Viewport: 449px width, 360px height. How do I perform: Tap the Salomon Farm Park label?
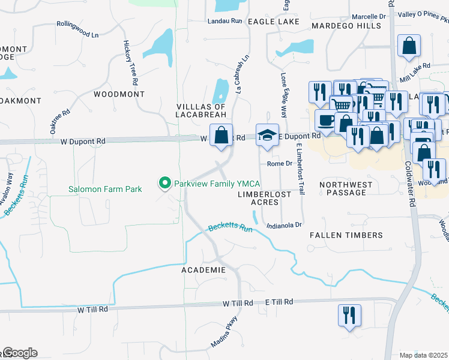(x=104, y=190)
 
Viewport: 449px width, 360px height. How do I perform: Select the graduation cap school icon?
(x=267, y=135)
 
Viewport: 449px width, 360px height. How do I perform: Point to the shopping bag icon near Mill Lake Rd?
(x=409, y=46)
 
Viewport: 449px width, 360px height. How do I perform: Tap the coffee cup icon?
(x=326, y=120)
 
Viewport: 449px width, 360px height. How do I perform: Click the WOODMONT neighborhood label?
(x=119, y=94)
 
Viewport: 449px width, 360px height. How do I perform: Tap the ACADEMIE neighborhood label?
(x=203, y=270)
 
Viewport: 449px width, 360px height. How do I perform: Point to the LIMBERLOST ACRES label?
(x=265, y=198)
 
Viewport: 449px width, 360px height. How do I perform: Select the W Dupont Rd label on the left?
(x=83, y=141)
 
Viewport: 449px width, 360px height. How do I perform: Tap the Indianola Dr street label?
(x=283, y=225)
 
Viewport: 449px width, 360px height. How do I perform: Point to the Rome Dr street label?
(x=279, y=163)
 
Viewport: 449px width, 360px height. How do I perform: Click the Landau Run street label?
(x=224, y=20)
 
